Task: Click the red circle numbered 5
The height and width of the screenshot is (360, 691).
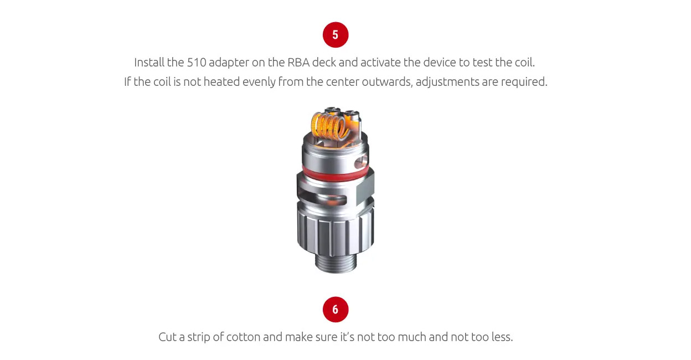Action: tap(335, 35)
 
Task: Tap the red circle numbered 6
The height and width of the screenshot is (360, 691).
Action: tap(335, 310)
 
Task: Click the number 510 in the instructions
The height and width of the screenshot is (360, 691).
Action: tap(197, 62)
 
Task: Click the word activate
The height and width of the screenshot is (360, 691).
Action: tap(375, 62)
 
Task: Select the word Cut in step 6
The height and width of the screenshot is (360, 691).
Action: tap(168, 337)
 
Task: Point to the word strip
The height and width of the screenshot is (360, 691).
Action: tap(199, 337)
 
